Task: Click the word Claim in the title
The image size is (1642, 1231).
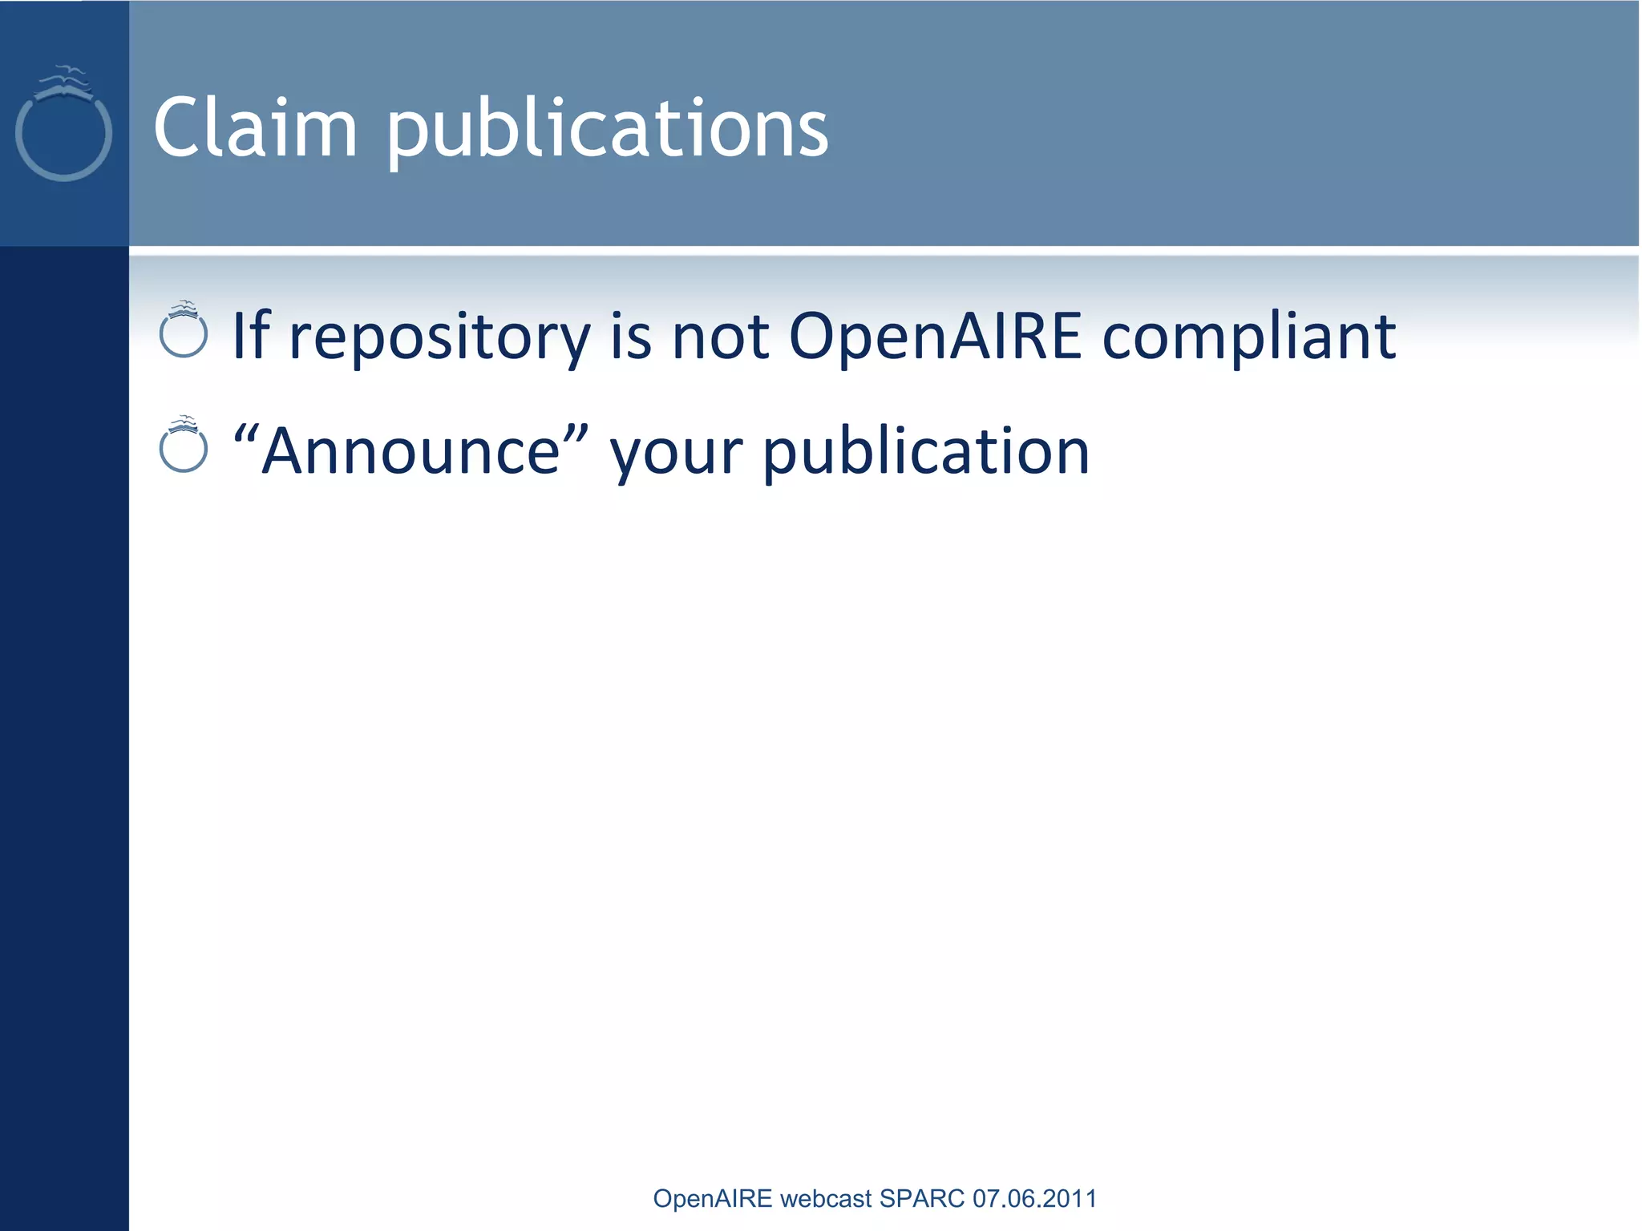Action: [x=255, y=128]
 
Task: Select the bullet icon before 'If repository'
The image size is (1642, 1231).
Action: [x=184, y=330]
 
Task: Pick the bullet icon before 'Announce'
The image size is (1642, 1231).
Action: [x=184, y=446]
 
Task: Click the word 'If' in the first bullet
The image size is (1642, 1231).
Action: [x=250, y=335]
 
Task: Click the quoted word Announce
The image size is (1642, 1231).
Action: [x=410, y=451]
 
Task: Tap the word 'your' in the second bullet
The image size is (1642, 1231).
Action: [x=676, y=454]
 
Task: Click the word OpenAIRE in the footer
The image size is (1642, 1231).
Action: [x=713, y=1198]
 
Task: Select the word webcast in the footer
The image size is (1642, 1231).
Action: [x=826, y=1198]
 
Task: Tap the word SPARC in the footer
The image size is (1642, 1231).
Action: [x=922, y=1198]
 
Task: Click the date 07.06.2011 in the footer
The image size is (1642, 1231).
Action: [x=1034, y=1198]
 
